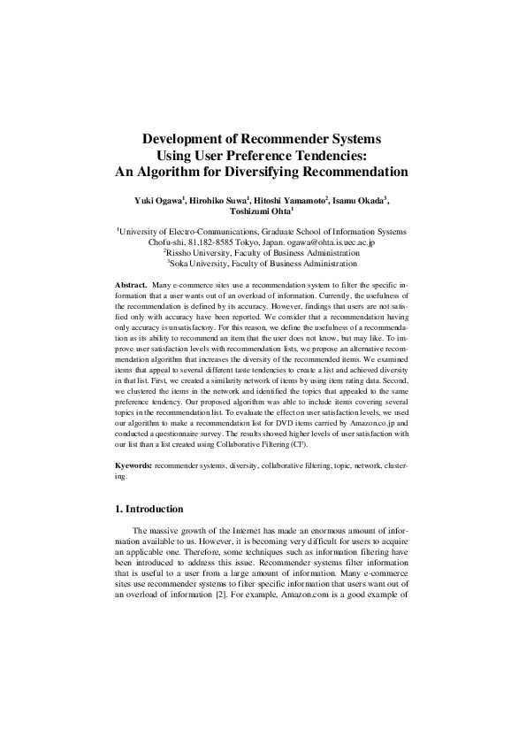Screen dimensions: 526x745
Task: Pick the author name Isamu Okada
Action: pyautogui.click(x=361, y=202)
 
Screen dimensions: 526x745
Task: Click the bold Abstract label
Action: pyautogui.click(x=131, y=285)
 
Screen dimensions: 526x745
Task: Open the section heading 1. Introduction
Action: pyautogui.click(x=149, y=510)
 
